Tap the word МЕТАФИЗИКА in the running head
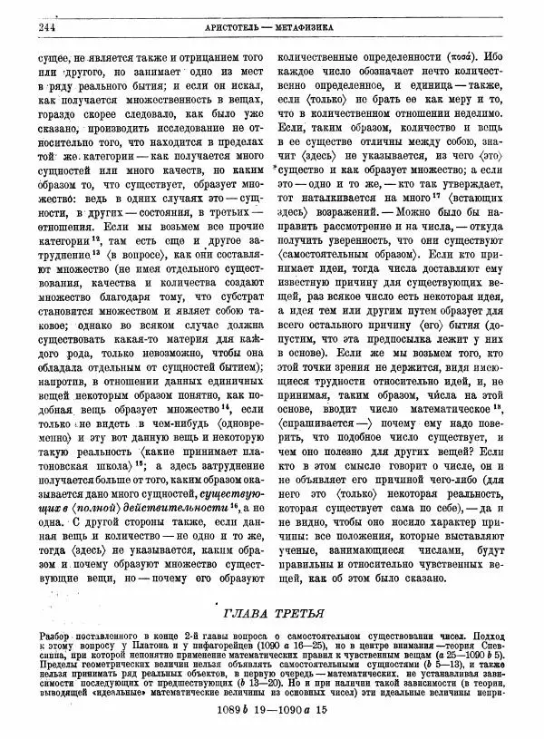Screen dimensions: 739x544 click(x=305, y=28)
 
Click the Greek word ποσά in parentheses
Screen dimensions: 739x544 click(x=469, y=56)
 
